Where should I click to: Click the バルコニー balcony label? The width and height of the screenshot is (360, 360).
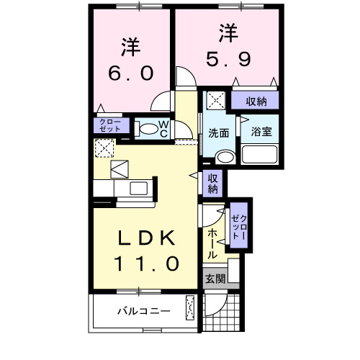click(143, 312)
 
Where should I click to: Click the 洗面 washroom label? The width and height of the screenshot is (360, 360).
click(218, 133)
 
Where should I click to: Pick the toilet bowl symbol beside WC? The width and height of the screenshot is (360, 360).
click(147, 130)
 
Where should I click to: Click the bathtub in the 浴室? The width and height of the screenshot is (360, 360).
click(260, 155)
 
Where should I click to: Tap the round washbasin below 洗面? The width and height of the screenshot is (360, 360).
click(225, 157)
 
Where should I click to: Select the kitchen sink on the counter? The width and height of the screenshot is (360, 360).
click(137, 189)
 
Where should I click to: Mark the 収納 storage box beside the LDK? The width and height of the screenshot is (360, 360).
click(213, 184)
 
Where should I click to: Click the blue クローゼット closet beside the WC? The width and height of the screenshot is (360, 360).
click(110, 127)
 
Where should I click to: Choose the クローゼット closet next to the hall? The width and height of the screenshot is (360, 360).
click(239, 226)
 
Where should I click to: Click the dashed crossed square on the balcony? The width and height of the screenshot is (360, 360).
click(190, 308)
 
